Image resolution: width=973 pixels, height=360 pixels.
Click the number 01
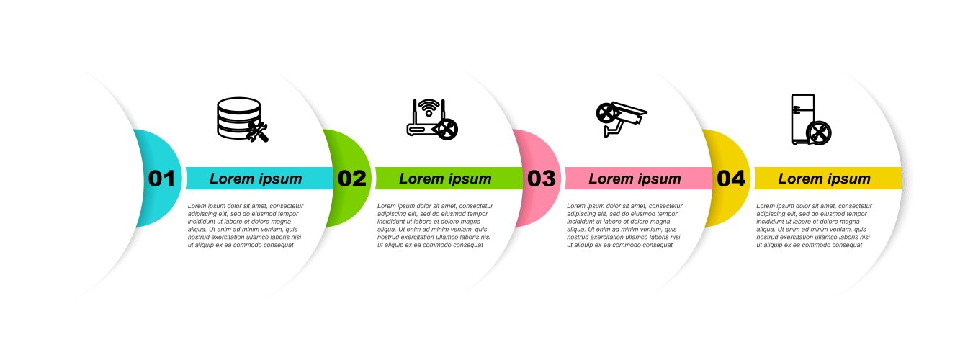point(161,179)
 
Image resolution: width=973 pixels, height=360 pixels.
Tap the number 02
point(352,179)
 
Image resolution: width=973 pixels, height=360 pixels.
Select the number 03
point(541,179)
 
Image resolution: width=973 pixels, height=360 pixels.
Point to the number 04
point(731,179)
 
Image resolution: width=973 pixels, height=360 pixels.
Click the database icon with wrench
point(243,120)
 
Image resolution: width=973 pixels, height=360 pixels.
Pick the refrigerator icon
point(811,120)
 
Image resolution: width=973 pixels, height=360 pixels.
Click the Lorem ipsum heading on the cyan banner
point(256,179)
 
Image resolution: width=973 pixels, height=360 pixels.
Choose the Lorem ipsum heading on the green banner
point(445,179)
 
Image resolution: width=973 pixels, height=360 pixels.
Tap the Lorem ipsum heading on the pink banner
point(635,179)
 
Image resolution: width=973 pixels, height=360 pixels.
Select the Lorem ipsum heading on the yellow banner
point(824,179)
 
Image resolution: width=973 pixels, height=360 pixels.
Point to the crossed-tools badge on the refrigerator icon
point(819,133)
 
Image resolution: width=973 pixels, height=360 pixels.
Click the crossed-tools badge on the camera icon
point(606,113)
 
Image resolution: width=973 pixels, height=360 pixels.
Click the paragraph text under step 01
point(246,225)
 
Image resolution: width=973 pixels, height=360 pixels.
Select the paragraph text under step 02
point(435,225)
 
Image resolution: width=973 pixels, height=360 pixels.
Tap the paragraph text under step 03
point(624,225)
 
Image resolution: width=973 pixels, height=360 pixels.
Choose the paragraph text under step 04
point(814,225)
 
